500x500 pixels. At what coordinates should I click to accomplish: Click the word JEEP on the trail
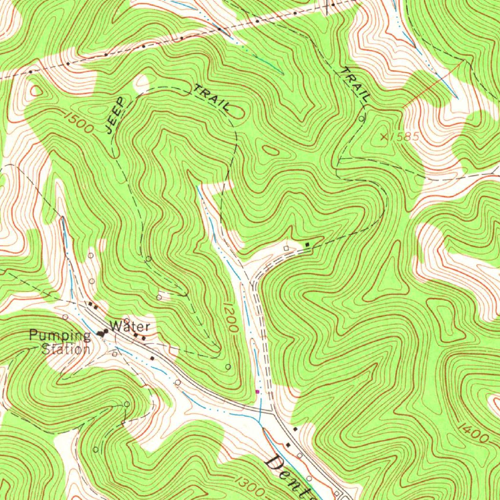coord(115,116)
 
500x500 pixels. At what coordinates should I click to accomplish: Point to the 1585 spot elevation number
coord(405,137)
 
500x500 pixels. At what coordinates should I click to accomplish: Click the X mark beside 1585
coord(384,137)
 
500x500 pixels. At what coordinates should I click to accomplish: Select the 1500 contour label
coord(78,122)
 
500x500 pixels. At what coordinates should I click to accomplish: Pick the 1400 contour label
coord(473,434)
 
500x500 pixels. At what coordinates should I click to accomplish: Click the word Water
coord(129,325)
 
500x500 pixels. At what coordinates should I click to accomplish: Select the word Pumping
coord(60,335)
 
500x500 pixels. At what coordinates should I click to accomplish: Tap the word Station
coord(65,350)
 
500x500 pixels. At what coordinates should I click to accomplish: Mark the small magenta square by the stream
coord(258,391)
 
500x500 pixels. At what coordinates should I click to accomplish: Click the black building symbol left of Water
coord(103,333)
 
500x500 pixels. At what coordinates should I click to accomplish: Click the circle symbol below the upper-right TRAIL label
coord(361,119)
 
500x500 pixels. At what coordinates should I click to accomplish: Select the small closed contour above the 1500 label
coord(36,91)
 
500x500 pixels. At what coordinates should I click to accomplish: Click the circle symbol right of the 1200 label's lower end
coord(228,366)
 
